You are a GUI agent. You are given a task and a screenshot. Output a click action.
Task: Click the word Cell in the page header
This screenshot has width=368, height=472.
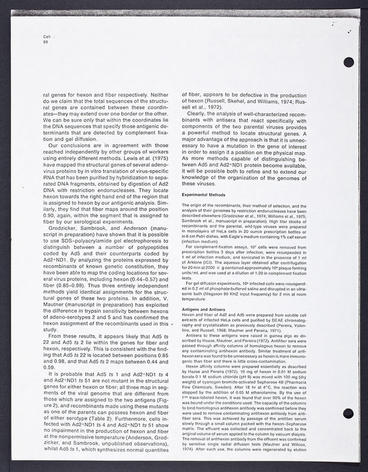coord(47,37)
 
